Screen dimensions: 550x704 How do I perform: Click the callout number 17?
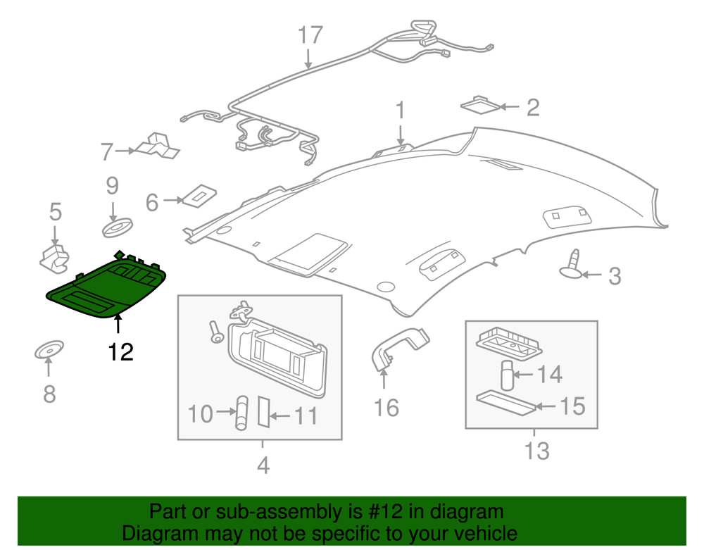click(310, 35)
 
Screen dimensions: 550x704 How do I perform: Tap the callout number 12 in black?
click(120, 351)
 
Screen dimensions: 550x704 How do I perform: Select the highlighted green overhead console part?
click(106, 289)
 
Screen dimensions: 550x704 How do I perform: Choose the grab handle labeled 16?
click(398, 345)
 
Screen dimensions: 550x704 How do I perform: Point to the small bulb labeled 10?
click(242, 413)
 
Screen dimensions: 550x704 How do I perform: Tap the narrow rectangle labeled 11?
click(264, 411)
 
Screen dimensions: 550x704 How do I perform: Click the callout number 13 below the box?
click(536, 450)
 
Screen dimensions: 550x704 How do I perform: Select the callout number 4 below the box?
click(263, 465)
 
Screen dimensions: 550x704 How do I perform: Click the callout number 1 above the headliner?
click(400, 111)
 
